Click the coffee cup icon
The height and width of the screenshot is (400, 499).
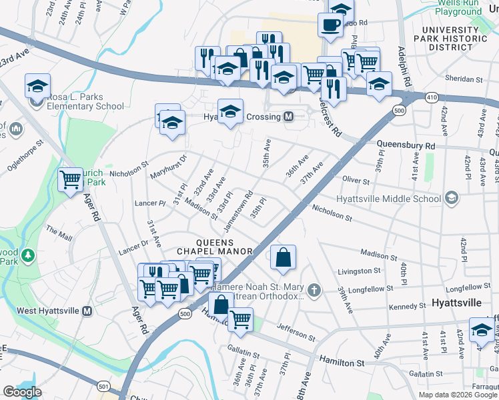(x=330, y=25)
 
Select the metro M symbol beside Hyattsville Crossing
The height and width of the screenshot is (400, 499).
(x=289, y=116)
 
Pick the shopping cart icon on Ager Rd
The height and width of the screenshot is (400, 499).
(x=70, y=179)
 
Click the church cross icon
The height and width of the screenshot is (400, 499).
(x=314, y=289)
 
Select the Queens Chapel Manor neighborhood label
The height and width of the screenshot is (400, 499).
(x=224, y=246)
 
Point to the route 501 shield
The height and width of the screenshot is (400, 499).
(x=103, y=385)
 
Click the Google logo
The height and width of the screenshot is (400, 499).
(x=22, y=392)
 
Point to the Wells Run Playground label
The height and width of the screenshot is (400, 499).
(x=458, y=7)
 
